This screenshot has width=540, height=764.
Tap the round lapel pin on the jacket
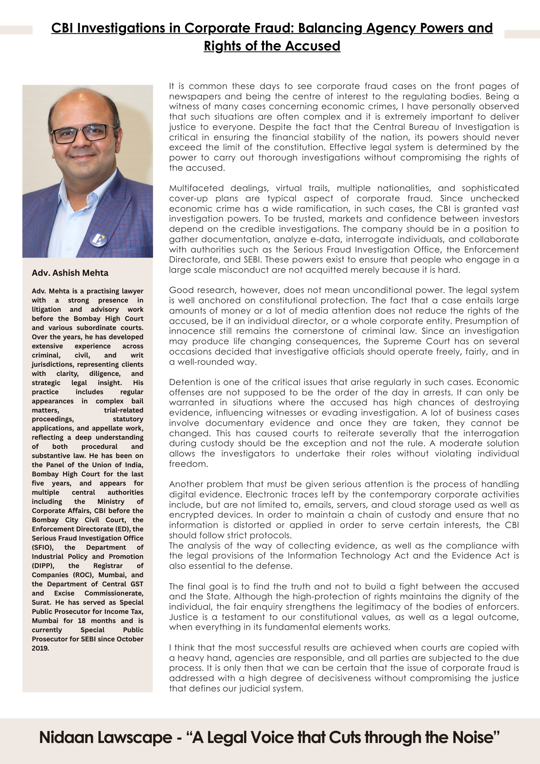tap(99, 239)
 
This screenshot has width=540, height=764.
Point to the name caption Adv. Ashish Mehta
tap(70, 273)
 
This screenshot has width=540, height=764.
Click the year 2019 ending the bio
tap(40, 648)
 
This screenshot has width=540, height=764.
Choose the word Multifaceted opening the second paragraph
tap(196, 188)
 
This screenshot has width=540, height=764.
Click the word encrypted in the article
tap(191, 515)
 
